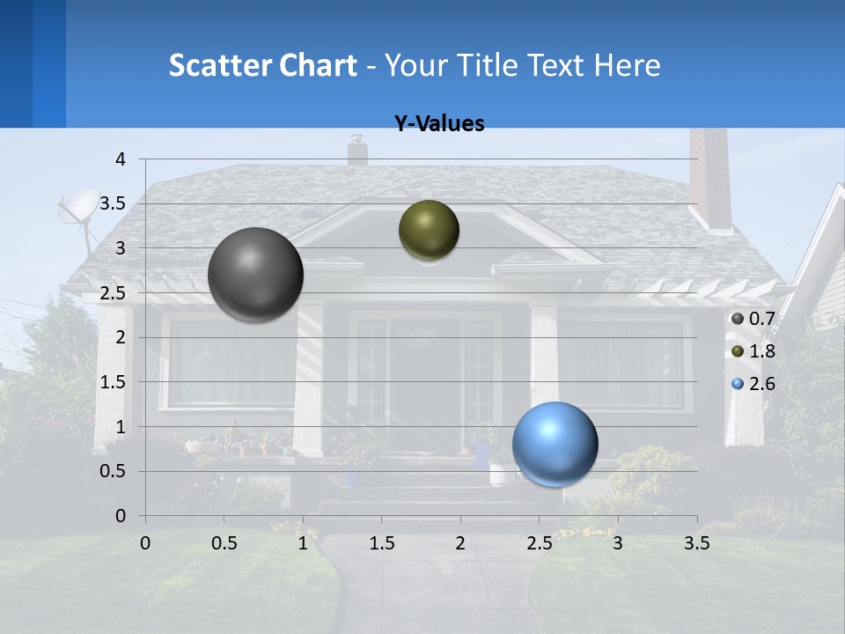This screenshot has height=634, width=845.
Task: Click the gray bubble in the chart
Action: pyautogui.click(x=255, y=275)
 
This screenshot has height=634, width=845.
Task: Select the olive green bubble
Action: pyautogui.click(x=429, y=231)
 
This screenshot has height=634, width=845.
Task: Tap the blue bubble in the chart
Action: pyautogui.click(x=555, y=444)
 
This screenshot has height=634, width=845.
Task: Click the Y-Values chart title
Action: pyautogui.click(x=438, y=124)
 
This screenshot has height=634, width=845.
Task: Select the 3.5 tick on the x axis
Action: pyautogui.click(x=696, y=543)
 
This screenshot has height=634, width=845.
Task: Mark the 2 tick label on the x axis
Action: pyautogui.click(x=460, y=543)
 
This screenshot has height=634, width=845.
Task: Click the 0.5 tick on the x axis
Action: pyautogui.click(x=224, y=543)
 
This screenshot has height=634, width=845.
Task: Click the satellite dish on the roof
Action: pyautogui.click(x=77, y=208)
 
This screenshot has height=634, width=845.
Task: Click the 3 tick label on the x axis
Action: pyautogui.click(x=618, y=543)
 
